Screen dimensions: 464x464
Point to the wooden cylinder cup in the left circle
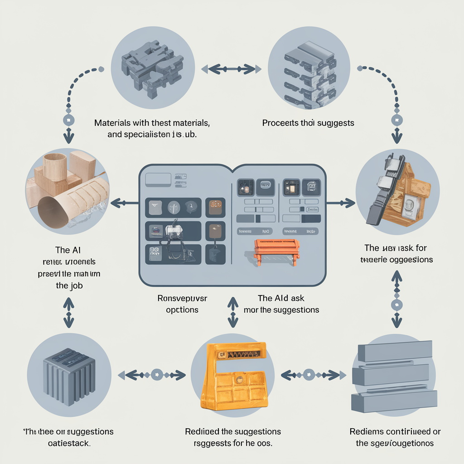tap(55, 168)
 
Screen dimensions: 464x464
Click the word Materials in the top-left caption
tap(113, 123)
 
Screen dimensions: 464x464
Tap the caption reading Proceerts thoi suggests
tap(308, 123)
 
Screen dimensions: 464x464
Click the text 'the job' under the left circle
tap(69, 286)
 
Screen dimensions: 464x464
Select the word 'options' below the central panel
tap(182, 310)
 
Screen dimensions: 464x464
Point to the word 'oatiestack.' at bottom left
tap(69, 443)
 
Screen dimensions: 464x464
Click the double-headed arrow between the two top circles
tap(232, 69)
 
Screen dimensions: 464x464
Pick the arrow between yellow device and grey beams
tap(311, 375)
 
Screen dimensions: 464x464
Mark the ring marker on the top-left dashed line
tap(68, 120)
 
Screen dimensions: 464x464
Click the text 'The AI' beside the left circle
tap(69, 250)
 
